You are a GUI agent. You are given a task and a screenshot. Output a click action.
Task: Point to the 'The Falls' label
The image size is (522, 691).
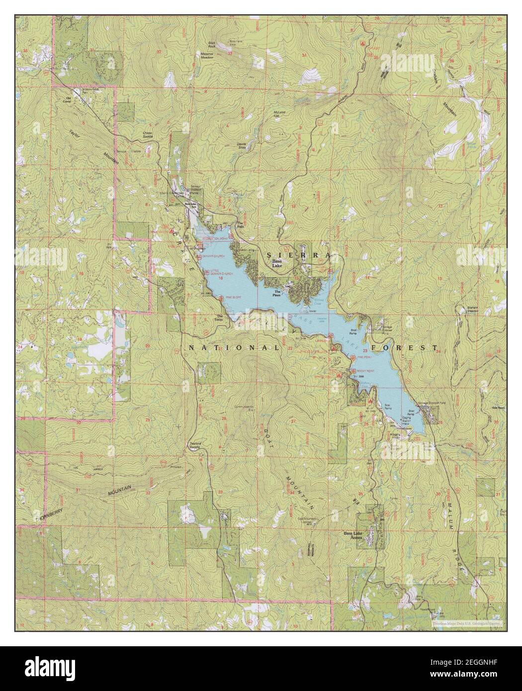click(x=240, y=223)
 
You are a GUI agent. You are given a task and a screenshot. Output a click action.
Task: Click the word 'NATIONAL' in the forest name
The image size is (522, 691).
click(x=234, y=348)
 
